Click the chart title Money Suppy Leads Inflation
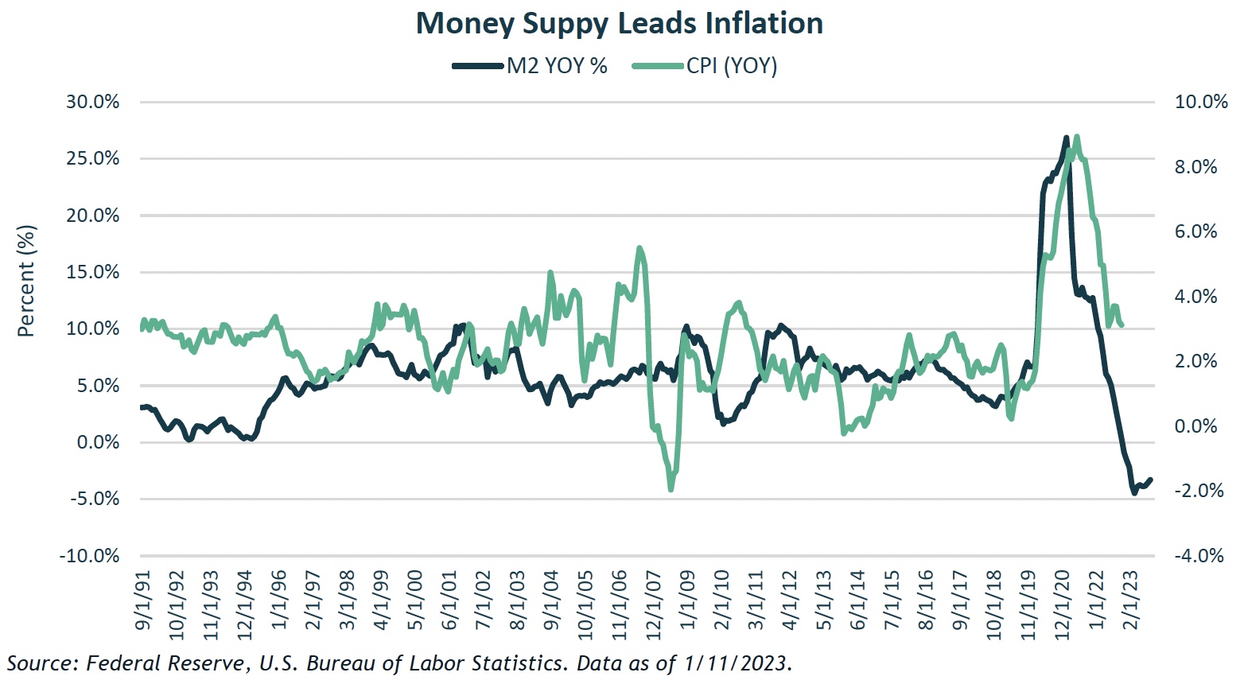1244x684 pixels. [x=620, y=24]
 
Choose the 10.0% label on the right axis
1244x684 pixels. [x=1201, y=102]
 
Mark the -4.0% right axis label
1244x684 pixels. [x=1199, y=556]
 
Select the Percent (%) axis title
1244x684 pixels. [x=26, y=281]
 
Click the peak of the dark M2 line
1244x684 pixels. [x=1066, y=138]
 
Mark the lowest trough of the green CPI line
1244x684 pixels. [x=671, y=489]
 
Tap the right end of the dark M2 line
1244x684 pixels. [x=1150, y=480]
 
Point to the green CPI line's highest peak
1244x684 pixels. [x=1077, y=137]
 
